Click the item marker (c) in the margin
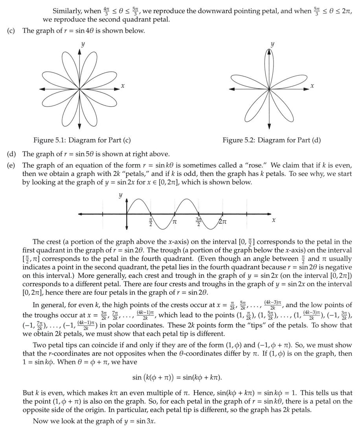click(x=11, y=31)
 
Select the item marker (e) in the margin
click(x=11, y=165)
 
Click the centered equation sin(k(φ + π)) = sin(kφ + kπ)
click(x=177, y=378)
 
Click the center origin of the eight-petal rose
click(x=80, y=88)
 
